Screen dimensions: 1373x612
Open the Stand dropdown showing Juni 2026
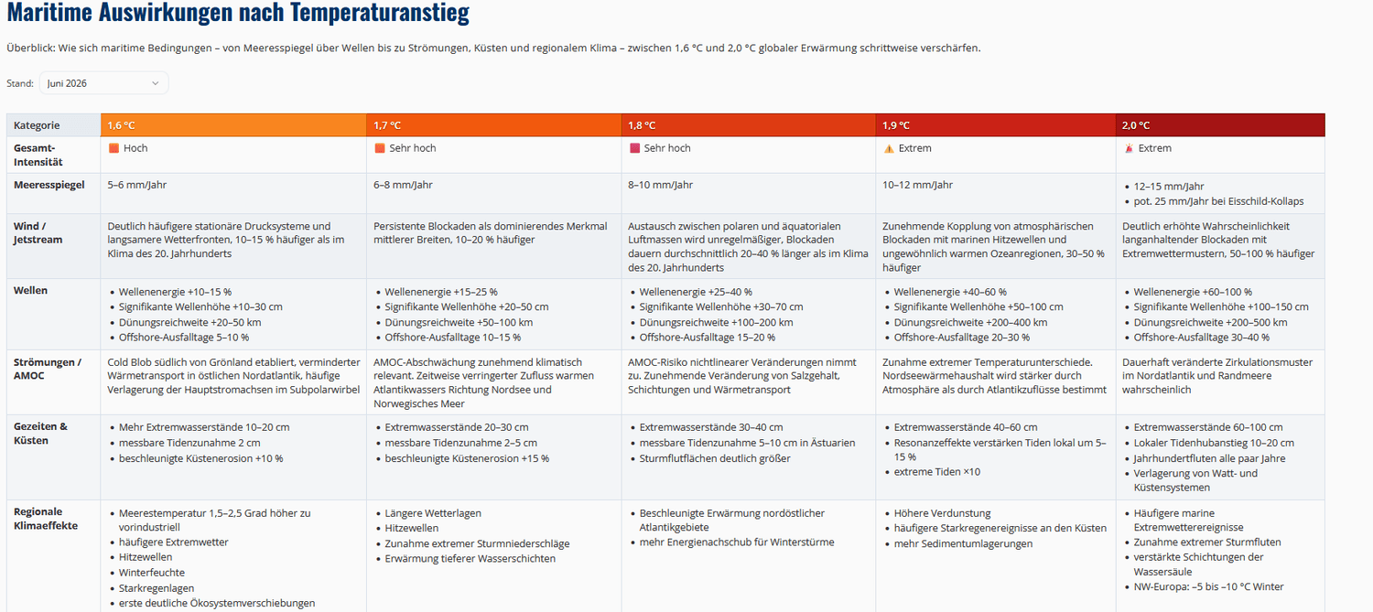coord(103,83)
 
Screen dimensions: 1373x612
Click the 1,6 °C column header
coord(233,125)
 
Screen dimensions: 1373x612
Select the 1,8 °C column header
coord(749,125)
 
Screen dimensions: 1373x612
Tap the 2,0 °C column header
coord(1220,125)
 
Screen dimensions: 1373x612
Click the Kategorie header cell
coord(54,125)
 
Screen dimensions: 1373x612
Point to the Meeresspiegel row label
coord(49,185)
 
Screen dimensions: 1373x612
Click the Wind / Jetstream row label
coord(38,232)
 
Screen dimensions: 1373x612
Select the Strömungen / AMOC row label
coord(48,369)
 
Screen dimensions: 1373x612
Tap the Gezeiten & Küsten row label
coord(40,433)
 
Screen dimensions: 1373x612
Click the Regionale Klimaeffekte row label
coord(46,519)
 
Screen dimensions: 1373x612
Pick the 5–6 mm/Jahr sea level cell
coord(137,185)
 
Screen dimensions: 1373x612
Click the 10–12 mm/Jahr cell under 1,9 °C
coord(917,185)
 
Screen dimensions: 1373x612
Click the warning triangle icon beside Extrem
coord(889,149)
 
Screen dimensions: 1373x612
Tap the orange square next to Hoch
coord(114,148)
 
